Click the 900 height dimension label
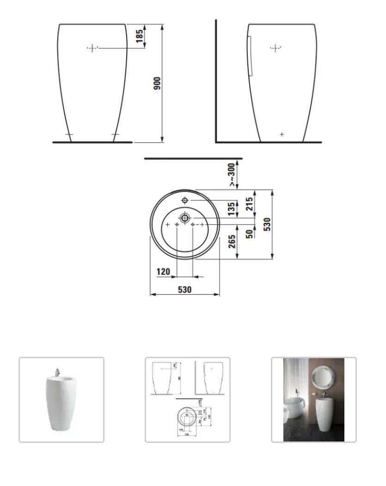click(x=157, y=83)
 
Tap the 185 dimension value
click(x=140, y=35)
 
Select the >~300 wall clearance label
click(x=232, y=174)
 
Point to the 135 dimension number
click(x=232, y=209)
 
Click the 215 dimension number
click(x=250, y=204)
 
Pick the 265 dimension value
click(x=232, y=241)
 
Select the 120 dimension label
click(x=163, y=271)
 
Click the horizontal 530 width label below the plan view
click(x=184, y=290)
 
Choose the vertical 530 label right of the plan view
click(x=267, y=224)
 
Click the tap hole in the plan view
click(x=184, y=200)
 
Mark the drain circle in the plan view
click(x=184, y=217)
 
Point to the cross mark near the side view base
click(x=282, y=134)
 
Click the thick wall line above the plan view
click(x=193, y=158)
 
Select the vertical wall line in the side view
click(x=216, y=81)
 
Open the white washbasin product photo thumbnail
click(x=61, y=399)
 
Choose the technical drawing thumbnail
click(x=187, y=399)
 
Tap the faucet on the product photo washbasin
click(x=57, y=372)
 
